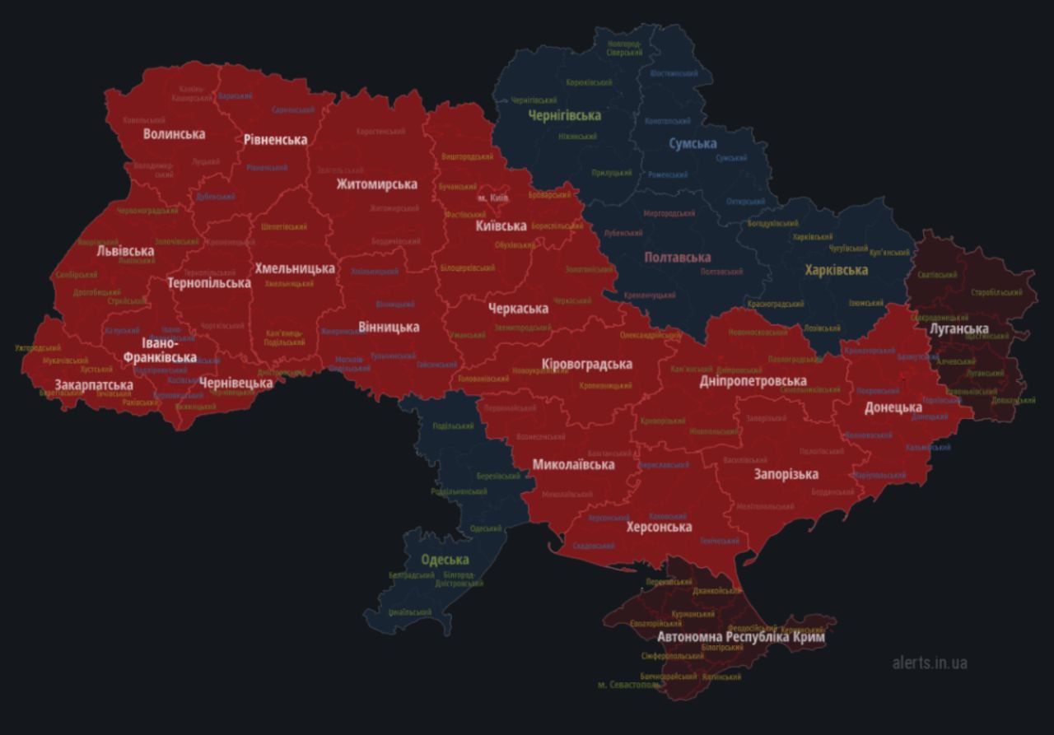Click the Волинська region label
[174, 133]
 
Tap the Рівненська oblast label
[275, 139]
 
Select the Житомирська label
[376, 184]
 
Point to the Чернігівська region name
[564, 115]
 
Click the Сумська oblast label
[692, 143]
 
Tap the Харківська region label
[836, 269]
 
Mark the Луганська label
[958, 328]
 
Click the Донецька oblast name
[893, 407]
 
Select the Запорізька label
[786, 474]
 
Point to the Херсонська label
[659, 527]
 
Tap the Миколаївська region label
[573, 464]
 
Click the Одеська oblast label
[445, 560]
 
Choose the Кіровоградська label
[587, 364]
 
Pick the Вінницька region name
[389, 327]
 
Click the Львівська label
[125, 250]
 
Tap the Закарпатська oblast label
[94, 385]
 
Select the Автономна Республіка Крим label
[740, 637]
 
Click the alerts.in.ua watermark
[930, 663]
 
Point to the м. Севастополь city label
[628, 685]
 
